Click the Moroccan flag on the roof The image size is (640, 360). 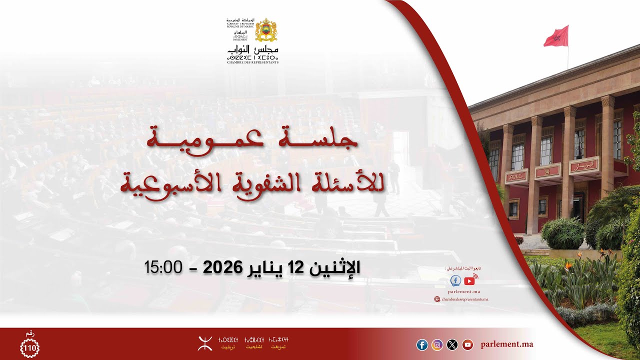point(556,36)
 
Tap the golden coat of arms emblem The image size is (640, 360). point(266,30)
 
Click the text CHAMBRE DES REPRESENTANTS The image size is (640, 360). point(252,62)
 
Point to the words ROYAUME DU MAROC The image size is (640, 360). point(240,26)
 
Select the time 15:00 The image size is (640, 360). point(163,267)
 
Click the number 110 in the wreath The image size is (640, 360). point(29,347)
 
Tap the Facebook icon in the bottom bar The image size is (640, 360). point(422,344)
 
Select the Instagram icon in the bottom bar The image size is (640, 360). point(437,344)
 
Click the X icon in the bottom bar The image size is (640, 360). point(452,344)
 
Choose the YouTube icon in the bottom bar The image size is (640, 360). point(467,344)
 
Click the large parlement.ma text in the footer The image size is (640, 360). point(507,344)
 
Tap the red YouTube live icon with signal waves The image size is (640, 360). point(470,280)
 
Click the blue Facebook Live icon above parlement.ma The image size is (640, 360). point(456,281)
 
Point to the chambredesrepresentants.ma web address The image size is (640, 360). point(465,299)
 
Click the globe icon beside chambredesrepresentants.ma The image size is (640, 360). point(437,299)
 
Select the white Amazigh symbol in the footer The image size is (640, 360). point(205,343)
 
